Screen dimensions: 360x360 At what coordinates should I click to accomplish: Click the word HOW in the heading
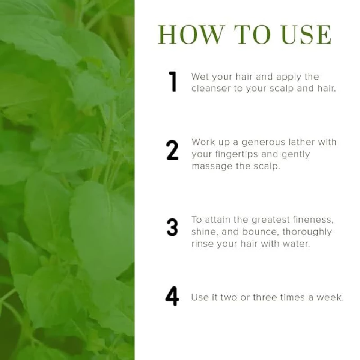point(191,35)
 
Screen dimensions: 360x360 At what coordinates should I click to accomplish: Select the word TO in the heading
point(252,35)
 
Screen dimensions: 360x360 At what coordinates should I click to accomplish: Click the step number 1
point(173,81)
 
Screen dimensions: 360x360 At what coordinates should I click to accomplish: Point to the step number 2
point(172,150)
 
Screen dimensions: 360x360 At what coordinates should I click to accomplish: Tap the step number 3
point(172,227)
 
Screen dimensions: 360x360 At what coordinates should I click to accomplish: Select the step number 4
point(172,296)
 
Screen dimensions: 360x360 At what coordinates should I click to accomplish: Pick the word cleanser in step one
point(211,89)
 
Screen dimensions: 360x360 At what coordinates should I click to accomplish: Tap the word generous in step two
point(263,143)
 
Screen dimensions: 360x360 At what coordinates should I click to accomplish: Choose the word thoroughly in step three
point(307,232)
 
